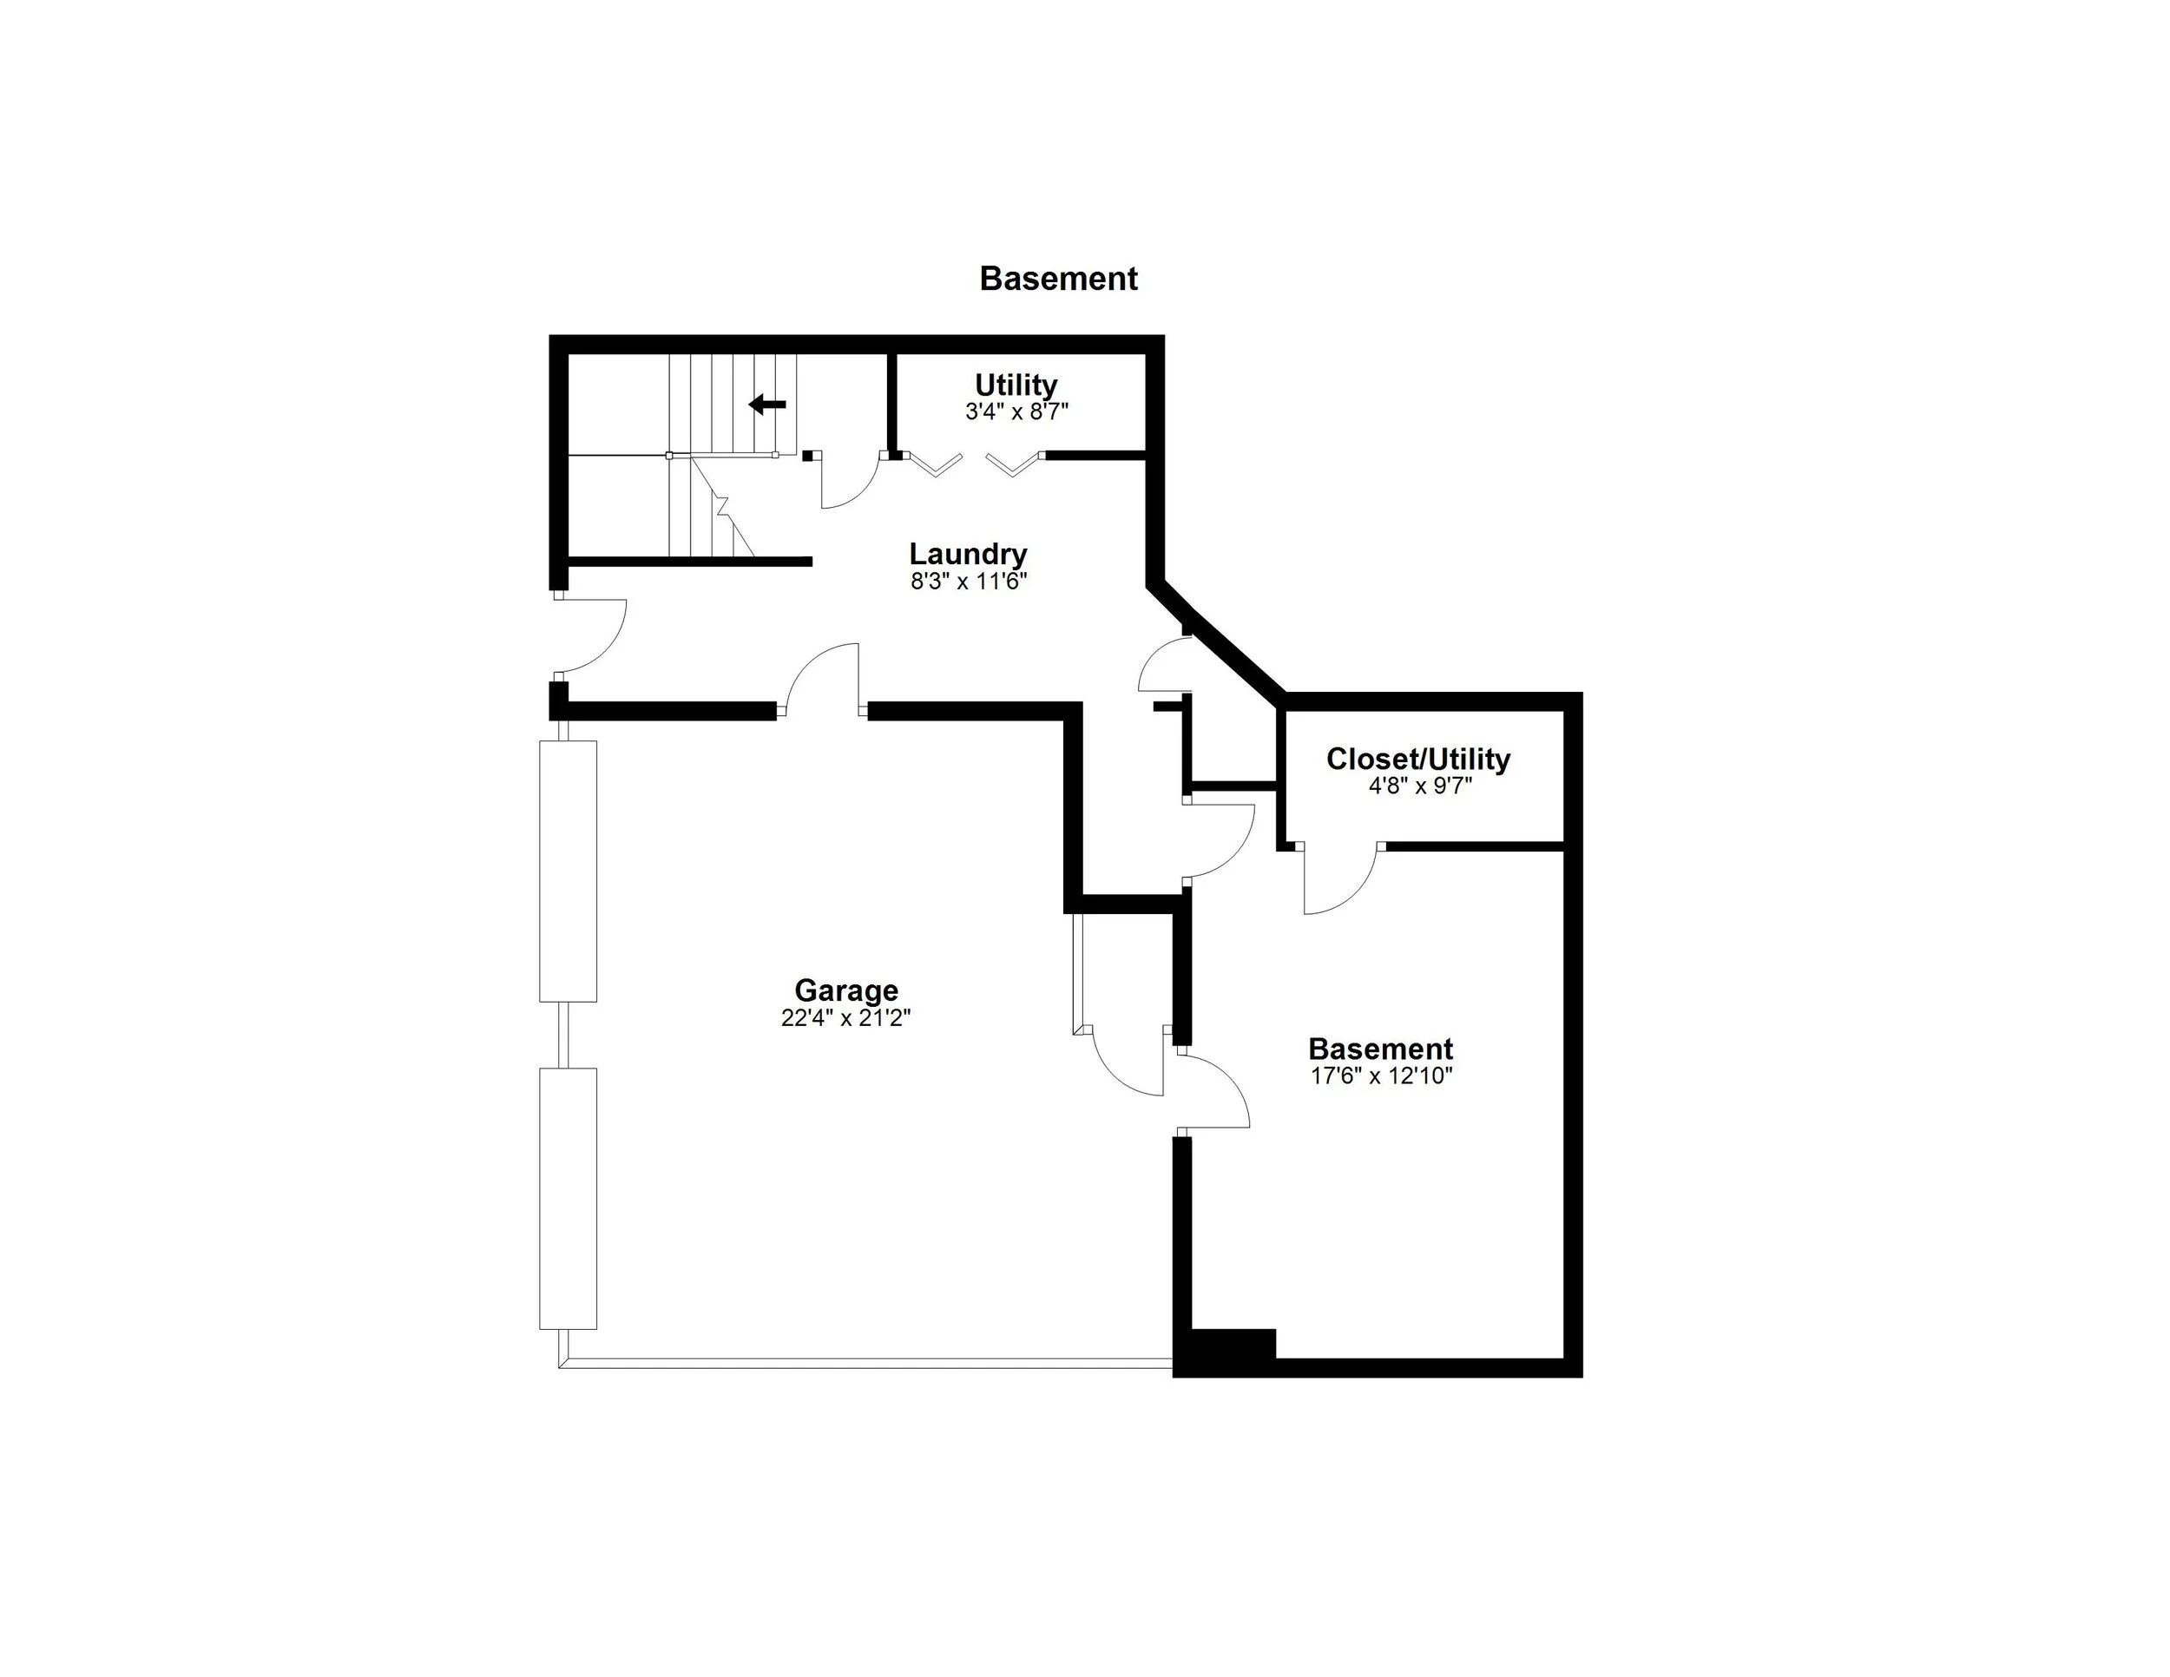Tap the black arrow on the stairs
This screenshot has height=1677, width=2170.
767,404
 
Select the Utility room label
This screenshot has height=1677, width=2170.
1016,385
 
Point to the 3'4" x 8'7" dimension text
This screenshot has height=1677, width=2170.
1016,411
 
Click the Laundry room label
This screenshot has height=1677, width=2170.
968,554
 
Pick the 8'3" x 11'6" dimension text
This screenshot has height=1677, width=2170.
968,582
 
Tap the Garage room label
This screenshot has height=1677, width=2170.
845,990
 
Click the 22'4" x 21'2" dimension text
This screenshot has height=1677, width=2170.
845,1017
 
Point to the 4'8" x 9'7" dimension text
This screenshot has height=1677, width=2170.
1420,786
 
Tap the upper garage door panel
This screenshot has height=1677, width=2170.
569,871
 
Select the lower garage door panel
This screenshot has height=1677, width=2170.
569,1198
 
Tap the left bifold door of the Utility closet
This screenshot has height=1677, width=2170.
936,464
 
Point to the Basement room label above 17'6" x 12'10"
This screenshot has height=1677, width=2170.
1380,1049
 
